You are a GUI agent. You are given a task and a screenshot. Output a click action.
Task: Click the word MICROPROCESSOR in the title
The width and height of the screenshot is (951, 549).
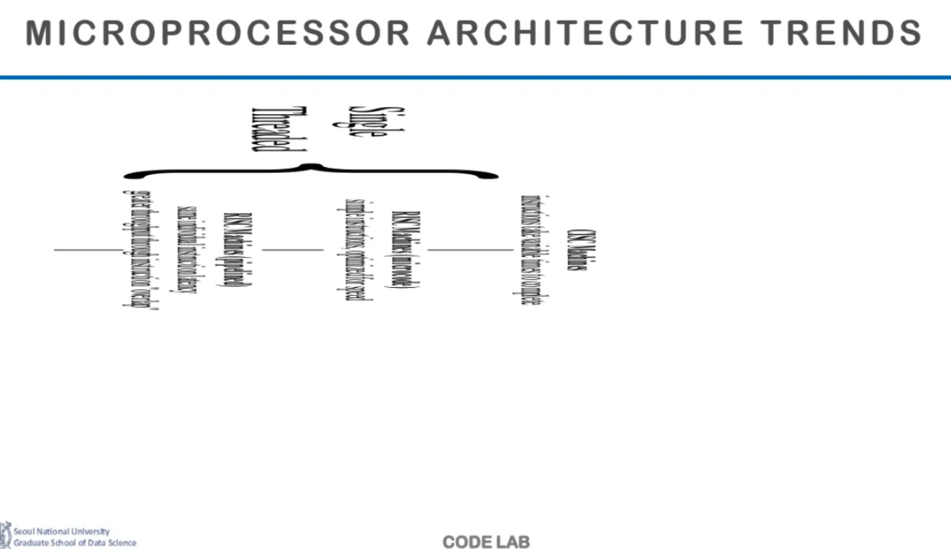[217, 33]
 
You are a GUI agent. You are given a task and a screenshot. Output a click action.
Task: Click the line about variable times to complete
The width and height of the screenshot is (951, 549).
[531, 250]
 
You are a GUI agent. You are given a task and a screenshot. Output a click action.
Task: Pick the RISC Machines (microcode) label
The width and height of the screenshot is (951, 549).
[401, 250]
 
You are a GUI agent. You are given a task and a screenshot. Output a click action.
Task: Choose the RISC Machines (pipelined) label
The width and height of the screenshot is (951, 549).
[234, 250]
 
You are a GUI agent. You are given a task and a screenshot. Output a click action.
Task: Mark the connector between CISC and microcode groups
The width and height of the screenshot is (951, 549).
[470, 250]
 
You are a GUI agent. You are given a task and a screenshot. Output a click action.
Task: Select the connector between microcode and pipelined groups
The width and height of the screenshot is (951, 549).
[292, 250]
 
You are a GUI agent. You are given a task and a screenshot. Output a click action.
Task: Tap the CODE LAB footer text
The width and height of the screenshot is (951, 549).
[486, 542]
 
